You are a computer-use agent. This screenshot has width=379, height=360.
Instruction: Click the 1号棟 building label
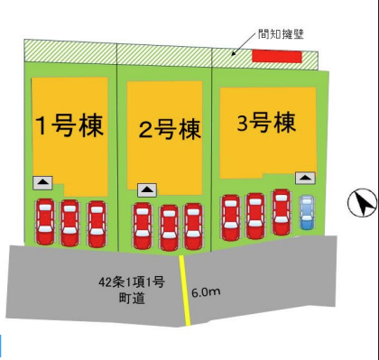coord(69,125)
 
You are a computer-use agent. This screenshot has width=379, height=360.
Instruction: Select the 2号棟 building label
coord(170,129)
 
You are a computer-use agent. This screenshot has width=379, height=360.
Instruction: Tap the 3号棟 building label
coord(266,122)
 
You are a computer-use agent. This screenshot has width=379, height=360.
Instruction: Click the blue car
coord(307,212)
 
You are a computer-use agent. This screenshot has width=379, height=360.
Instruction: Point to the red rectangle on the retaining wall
coord(277,57)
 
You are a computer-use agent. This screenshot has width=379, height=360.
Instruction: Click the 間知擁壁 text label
coord(281,34)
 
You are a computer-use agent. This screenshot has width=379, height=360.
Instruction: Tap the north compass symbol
coord(363,202)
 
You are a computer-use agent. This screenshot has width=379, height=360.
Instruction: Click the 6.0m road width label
coord(206,292)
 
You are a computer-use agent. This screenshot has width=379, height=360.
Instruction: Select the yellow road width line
coord(185,291)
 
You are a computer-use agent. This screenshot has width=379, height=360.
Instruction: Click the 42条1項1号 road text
coord(132,282)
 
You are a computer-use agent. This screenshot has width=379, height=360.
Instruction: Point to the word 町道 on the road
coord(132,299)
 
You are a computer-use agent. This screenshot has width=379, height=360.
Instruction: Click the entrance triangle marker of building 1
coord(42,183)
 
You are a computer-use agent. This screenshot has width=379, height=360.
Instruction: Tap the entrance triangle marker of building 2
coord(147,190)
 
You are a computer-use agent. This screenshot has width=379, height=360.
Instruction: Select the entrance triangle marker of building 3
coord(305,178)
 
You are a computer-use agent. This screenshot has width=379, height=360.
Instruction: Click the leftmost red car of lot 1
coord(45,221)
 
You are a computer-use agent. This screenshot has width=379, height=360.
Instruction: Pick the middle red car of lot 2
coord(169,227)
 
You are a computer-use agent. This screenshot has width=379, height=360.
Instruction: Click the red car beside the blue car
coord(282,212)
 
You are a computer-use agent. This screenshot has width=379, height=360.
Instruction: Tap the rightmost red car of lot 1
coord(97,224)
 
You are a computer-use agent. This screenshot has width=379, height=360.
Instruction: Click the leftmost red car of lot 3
coord(231,217)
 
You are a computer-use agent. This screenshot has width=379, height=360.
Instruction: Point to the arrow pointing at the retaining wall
coord(244,44)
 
